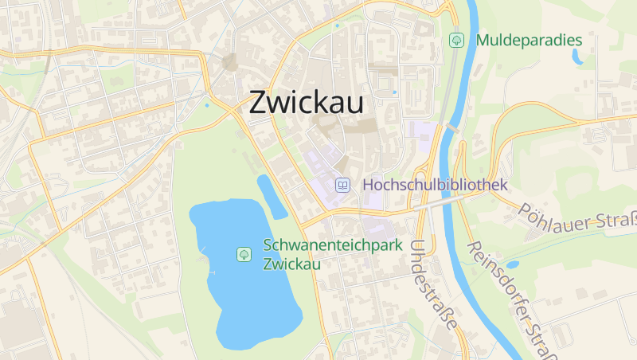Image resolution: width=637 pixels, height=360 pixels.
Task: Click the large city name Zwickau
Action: [307, 102]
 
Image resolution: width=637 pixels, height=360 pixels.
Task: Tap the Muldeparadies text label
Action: [529, 40]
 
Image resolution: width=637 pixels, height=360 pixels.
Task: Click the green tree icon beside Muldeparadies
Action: [456, 39]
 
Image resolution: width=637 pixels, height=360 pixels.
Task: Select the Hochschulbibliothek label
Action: [435, 185]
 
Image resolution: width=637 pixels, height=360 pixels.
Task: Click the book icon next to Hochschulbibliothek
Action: [342, 185]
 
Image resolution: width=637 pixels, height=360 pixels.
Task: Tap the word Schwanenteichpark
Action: [333, 245]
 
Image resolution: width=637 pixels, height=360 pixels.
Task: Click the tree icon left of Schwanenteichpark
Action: [244, 254]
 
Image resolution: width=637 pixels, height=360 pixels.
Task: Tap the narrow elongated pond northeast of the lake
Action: [271, 195]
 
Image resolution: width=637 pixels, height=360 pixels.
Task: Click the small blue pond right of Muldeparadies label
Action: [576, 57]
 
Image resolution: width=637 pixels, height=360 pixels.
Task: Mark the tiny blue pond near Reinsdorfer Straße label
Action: [512, 264]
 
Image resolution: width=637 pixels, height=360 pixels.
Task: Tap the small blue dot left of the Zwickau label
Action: [208, 105]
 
